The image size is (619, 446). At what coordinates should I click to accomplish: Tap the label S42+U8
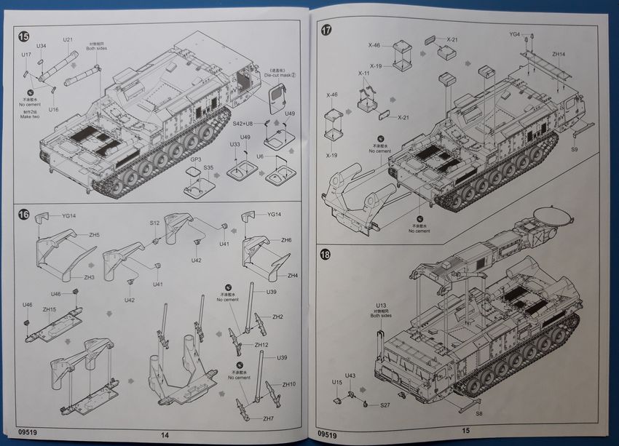click(x=243, y=124)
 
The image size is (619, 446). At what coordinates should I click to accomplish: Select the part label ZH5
click(x=95, y=235)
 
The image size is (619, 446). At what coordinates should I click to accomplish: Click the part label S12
click(x=154, y=223)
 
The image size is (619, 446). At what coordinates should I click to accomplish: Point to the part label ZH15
click(x=50, y=309)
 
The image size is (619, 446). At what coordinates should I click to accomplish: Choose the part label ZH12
click(x=261, y=344)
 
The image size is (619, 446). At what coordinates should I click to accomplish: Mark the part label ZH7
click(x=268, y=418)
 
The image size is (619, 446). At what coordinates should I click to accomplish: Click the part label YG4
click(x=515, y=35)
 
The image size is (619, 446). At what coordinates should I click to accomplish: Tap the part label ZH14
click(x=559, y=53)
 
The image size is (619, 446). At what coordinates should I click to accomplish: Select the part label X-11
click(x=364, y=73)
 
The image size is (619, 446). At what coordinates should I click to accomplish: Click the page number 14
click(x=166, y=434)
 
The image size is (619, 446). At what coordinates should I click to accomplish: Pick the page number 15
click(x=465, y=431)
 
